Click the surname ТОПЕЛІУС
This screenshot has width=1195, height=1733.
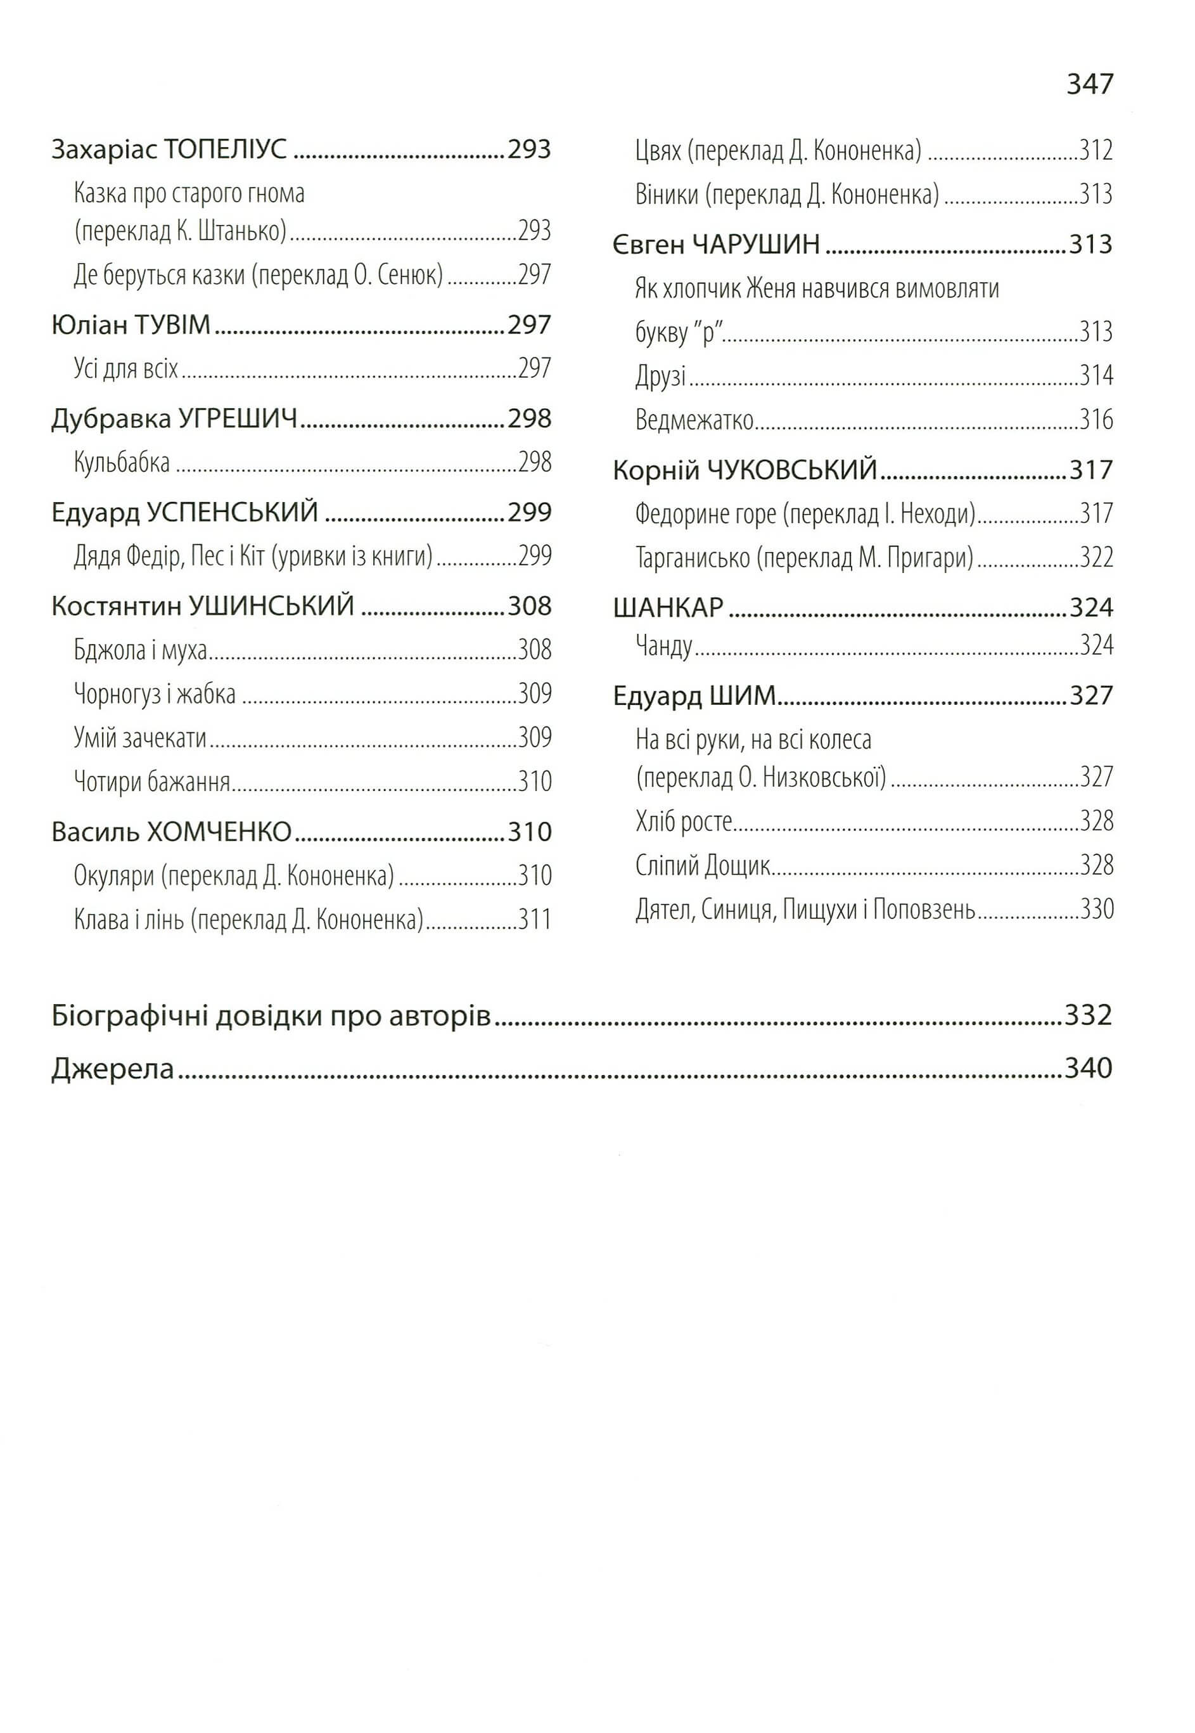(x=226, y=150)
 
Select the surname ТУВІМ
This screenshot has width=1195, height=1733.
(x=173, y=325)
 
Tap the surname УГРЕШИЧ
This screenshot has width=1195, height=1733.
(x=238, y=418)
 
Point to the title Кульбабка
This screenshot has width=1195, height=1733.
(x=122, y=463)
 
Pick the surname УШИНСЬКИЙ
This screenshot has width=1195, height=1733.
(x=271, y=606)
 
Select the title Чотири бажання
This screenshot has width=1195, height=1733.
(x=152, y=782)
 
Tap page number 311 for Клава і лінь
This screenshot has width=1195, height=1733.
(x=535, y=920)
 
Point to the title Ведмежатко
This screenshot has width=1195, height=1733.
(x=694, y=420)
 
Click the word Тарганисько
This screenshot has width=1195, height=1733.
(x=693, y=558)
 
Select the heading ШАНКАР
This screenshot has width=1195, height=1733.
(x=668, y=607)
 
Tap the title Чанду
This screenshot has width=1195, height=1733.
(x=663, y=645)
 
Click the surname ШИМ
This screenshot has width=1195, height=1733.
(x=743, y=697)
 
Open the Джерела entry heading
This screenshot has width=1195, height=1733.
(x=112, y=1069)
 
